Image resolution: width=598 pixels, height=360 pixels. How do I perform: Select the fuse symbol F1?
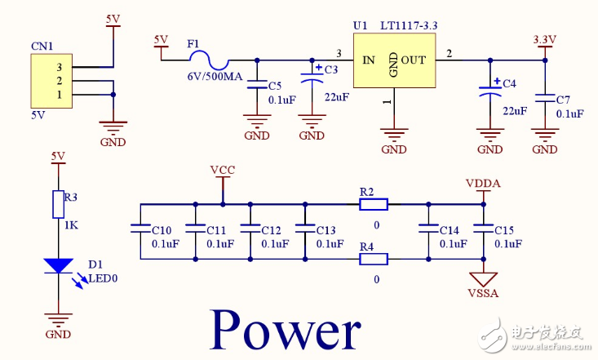(x=208, y=59)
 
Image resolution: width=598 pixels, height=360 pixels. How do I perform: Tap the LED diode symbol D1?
(x=58, y=266)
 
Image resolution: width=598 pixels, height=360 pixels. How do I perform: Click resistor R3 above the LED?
(x=58, y=204)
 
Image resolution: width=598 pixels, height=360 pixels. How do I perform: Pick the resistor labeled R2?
(x=374, y=204)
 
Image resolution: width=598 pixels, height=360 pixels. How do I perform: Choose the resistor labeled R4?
(x=374, y=260)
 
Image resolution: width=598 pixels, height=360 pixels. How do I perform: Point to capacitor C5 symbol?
(x=258, y=85)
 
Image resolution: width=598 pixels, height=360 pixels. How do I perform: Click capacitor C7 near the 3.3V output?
(x=544, y=98)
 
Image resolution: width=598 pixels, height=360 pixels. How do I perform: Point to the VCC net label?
(x=222, y=170)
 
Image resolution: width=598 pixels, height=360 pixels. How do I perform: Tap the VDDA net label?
(x=483, y=183)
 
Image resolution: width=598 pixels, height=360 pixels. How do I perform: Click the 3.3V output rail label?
(x=544, y=39)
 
